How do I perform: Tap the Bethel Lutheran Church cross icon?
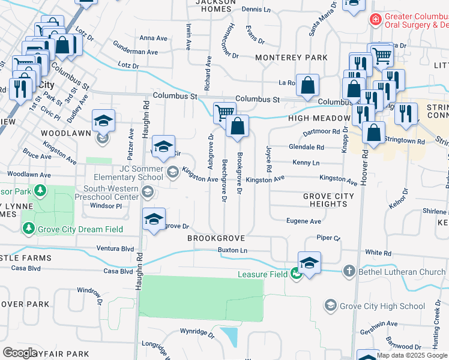[349, 272]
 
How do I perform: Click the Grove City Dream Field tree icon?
[28, 229]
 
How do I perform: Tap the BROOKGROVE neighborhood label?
[216, 238]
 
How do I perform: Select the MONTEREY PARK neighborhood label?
[291, 58]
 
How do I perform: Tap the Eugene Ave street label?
[303, 221]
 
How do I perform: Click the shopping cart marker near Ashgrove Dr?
[224, 113]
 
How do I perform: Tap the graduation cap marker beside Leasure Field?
[309, 263]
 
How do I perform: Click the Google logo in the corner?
[20, 353]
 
